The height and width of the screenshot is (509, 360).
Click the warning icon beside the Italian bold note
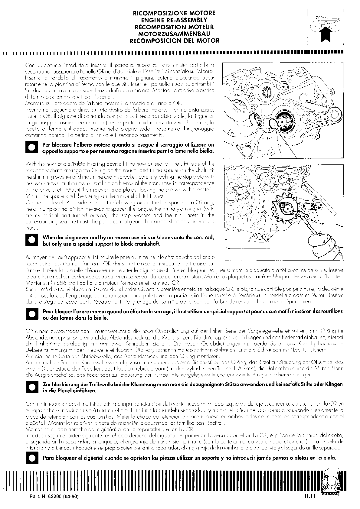pyautogui.click(x=32, y=148)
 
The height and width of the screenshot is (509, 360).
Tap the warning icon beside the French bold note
pyautogui.click(x=32, y=314)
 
